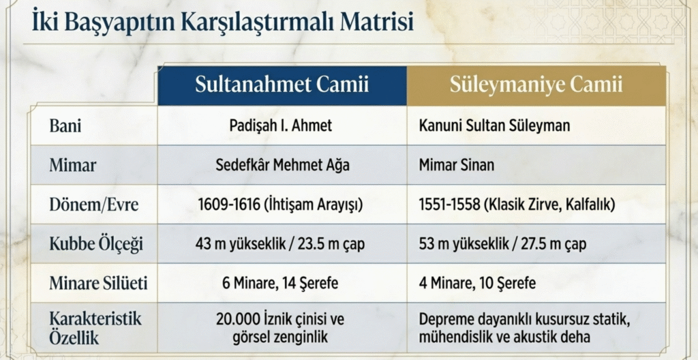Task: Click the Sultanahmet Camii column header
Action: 282,85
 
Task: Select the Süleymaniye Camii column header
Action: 536,85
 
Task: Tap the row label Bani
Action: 65,125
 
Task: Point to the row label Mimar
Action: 72,165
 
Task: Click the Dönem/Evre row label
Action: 94,205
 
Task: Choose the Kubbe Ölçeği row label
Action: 96,244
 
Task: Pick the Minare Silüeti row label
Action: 98,284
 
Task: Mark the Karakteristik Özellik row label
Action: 95,328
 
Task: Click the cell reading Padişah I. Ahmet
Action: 281,125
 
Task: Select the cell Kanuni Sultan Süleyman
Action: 494,125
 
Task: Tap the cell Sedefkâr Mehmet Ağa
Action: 282,165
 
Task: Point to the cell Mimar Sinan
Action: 456,165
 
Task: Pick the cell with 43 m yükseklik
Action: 280,244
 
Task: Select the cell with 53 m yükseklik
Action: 502,244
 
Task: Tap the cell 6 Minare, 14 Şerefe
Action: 280,284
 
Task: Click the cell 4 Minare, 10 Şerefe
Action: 477,284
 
